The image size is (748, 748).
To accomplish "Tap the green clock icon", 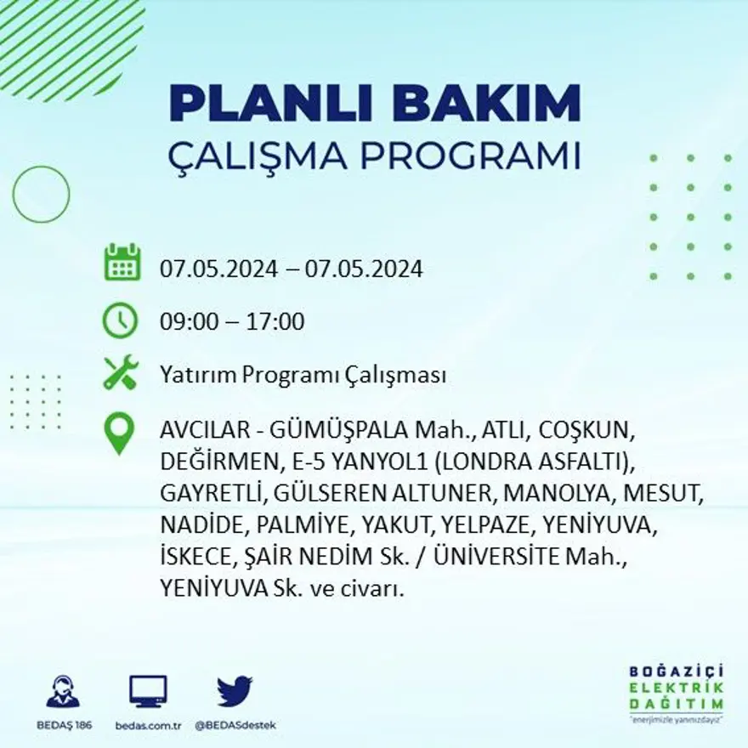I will click(x=120, y=320).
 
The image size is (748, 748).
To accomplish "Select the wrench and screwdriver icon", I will click(x=120, y=373).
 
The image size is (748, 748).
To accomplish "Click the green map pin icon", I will click(x=119, y=433).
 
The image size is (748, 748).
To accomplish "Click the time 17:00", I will click(x=275, y=322).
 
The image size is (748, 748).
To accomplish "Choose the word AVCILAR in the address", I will click(x=197, y=432).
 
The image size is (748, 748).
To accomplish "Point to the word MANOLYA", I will click(x=558, y=493).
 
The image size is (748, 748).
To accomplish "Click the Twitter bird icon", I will click(x=234, y=691).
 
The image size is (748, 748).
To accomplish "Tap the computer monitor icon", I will click(x=148, y=691).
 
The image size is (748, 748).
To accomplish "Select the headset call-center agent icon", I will click(x=62, y=691).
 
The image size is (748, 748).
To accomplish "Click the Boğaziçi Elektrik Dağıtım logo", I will click(x=677, y=691).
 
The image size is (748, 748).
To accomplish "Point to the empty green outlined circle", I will click(x=41, y=195).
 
